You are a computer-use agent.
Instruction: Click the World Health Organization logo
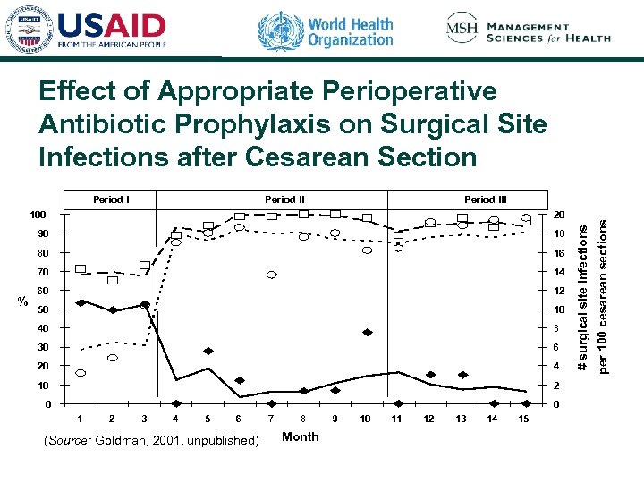[x=326, y=30]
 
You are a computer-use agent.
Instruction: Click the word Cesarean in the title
[x=316, y=157]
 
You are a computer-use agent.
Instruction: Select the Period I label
[x=111, y=199]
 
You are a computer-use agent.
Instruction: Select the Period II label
[x=284, y=199]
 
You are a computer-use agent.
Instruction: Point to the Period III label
[x=486, y=199]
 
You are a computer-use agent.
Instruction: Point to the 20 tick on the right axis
[x=559, y=215]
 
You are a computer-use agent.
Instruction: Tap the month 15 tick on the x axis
[x=524, y=419]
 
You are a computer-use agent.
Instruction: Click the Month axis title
[x=300, y=436]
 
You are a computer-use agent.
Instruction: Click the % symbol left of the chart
[x=23, y=301]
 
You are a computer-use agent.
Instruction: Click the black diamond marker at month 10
[x=367, y=332]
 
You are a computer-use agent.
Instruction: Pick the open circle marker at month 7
[x=271, y=275]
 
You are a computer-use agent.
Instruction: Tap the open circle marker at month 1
[x=80, y=373]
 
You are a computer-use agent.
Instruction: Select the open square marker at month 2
[x=113, y=280]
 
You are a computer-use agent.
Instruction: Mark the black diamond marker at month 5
[x=208, y=351]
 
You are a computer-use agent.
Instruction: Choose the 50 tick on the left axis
[x=41, y=309]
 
